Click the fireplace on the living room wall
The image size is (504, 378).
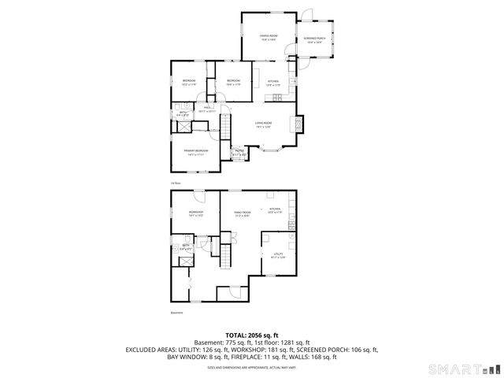pyautogui.click(x=297, y=124)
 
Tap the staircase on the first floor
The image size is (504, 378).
pyautogui.click(x=224, y=126)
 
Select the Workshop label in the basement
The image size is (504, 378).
pyautogui.click(x=196, y=213)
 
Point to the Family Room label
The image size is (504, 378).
pyautogui.click(x=241, y=213)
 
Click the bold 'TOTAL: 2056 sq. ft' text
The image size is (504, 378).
pyautogui.click(x=251, y=335)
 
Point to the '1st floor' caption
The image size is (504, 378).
pyautogui.click(x=176, y=183)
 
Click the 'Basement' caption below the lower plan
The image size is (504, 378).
pyautogui.click(x=176, y=313)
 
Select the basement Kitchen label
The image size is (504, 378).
pyautogui.click(x=275, y=210)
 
